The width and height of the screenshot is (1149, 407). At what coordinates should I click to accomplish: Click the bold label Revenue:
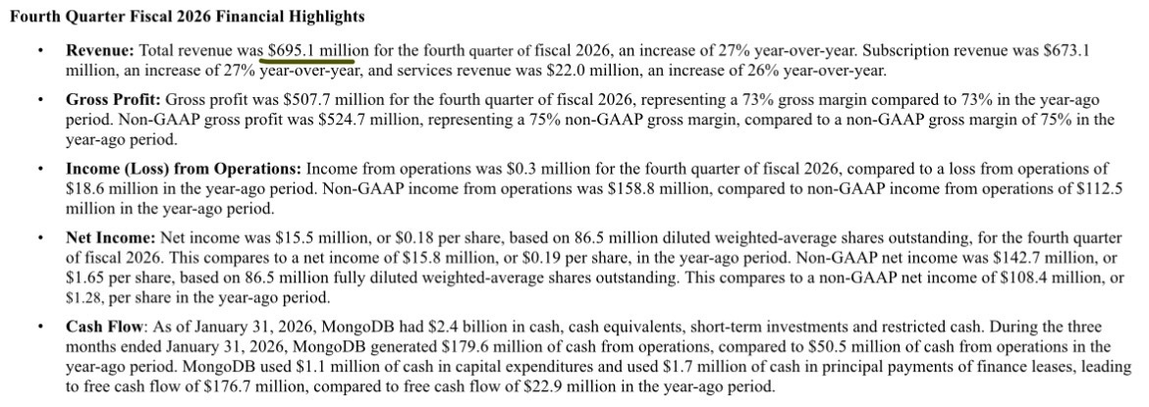point(100,49)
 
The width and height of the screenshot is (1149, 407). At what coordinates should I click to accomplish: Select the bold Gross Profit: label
point(114,100)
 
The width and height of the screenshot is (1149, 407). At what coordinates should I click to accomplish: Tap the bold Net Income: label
point(110,237)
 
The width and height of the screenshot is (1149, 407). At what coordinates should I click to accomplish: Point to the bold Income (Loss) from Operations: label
point(184,169)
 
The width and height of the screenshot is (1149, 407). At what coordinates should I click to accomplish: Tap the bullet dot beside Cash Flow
point(38,327)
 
